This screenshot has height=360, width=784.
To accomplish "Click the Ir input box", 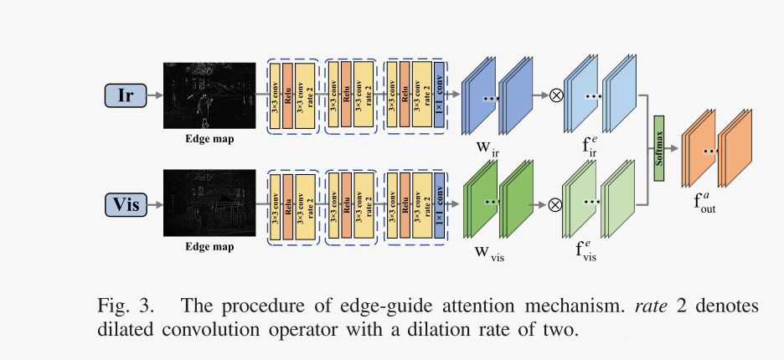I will click(x=126, y=95).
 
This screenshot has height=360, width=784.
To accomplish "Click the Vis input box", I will click(x=126, y=203).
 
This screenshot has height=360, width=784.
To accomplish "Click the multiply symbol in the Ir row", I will click(x=554, y=95).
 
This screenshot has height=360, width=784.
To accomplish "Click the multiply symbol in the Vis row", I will click(x=554, y=203).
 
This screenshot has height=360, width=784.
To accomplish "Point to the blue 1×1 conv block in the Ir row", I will click(x=440, y=95).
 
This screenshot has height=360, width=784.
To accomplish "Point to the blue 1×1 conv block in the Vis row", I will click(x=440, y=203).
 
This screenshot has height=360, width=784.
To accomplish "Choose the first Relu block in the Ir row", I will click(x=287, y=95).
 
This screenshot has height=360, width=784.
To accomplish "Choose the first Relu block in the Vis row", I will click(x=287, y=203).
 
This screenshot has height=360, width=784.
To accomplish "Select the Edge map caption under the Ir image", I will click(x=209, y=139).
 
